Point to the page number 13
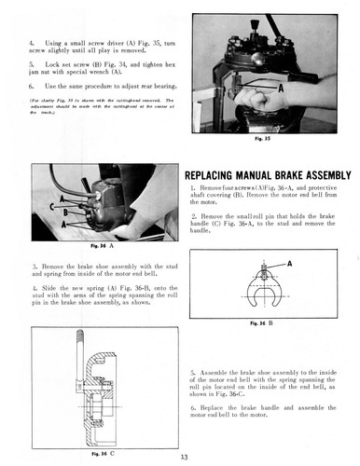(181, 456)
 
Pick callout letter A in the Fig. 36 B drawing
(289, 264)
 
